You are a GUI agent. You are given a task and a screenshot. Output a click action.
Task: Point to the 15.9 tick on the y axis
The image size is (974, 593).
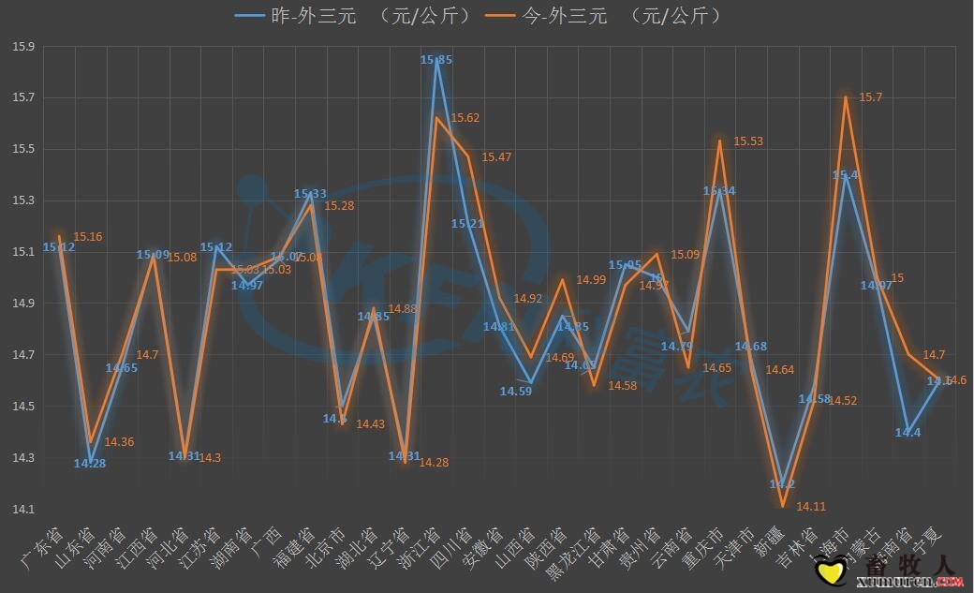[23, 47]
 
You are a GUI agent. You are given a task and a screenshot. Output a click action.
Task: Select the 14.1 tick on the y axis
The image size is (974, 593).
[23, 510]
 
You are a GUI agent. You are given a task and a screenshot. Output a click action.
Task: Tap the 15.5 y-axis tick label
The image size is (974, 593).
[23, 150]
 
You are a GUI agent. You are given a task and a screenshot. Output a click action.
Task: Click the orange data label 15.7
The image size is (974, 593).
[871, 97]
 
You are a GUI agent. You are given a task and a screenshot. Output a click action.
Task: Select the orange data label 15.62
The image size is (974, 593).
[465, 118]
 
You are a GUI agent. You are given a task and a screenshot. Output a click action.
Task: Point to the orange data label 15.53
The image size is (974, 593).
[747, 141]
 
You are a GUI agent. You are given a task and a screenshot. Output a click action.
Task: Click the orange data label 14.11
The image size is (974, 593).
[810, 507]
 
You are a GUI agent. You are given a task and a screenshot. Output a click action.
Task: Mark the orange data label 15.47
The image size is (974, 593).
[495, 157]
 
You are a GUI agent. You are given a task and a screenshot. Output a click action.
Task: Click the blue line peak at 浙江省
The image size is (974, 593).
[435, 60]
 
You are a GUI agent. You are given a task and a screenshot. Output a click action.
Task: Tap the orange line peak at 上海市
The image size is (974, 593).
[846, 97]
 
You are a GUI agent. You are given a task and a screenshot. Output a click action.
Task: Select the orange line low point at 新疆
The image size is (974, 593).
[782, 507]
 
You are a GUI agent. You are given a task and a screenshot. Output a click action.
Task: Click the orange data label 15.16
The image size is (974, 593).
[88, 237]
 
